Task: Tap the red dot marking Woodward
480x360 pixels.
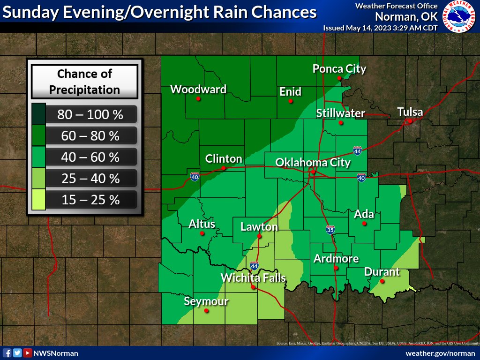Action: tap(198, 99)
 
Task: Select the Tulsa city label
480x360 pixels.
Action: tap(410, 112)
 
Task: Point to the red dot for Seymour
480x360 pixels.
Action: tap(207, 310)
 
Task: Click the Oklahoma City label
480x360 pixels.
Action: tap(313, 163)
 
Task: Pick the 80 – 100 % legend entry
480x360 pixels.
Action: tap(90, 114)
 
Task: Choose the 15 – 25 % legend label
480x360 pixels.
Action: tap(90, 200)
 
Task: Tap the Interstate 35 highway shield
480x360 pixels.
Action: tap(330, 230)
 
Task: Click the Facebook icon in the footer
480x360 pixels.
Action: tap(7, 353)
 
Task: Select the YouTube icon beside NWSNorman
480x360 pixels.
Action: tap(28, 353)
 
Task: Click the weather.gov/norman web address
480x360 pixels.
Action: tap(440, 353)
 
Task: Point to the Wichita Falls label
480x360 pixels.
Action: tap(253, 278)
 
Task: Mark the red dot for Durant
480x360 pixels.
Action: tap(382, 281)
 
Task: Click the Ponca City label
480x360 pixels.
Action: tap(339, 69)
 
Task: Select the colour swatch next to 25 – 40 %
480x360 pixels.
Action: tap(39, 179)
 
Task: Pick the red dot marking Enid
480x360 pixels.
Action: tap(291, 101)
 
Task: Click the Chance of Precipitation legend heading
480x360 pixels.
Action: tap(84, 82)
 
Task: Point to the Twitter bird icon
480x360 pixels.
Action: tap(17, 353)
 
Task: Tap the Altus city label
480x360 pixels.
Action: tap(202, 224)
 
